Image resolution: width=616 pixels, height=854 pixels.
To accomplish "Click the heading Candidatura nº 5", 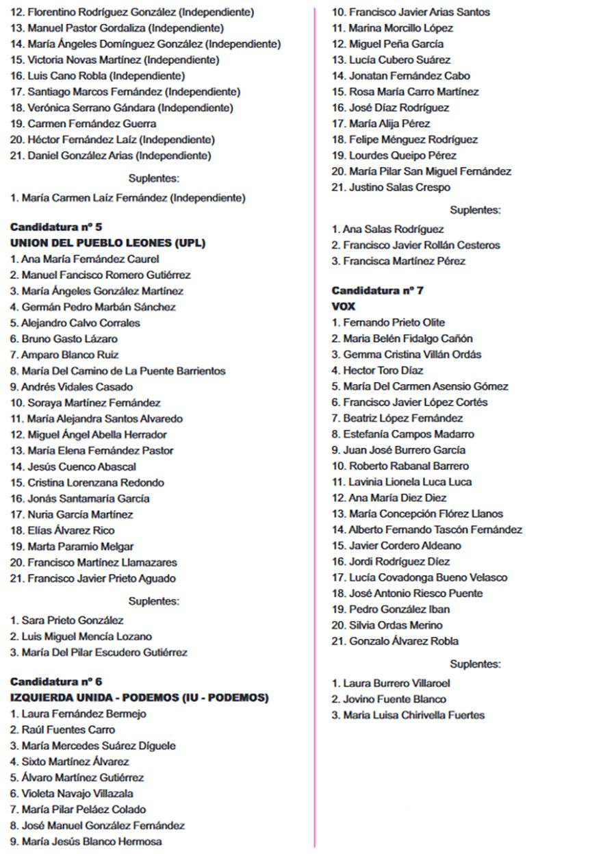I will (56, 227).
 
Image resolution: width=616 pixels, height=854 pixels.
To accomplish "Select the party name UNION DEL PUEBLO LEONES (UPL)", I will (107, 242).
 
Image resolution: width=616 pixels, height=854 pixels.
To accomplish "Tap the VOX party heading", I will (344, 306).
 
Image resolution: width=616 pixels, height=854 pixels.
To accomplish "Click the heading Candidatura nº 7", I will (378, 290).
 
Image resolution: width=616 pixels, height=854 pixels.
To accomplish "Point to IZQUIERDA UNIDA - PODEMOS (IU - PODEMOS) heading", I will (140, 697).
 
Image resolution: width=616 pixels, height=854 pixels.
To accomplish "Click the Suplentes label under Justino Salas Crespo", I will (475, 210).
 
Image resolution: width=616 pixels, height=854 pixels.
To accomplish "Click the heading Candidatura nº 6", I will (56, 681).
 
